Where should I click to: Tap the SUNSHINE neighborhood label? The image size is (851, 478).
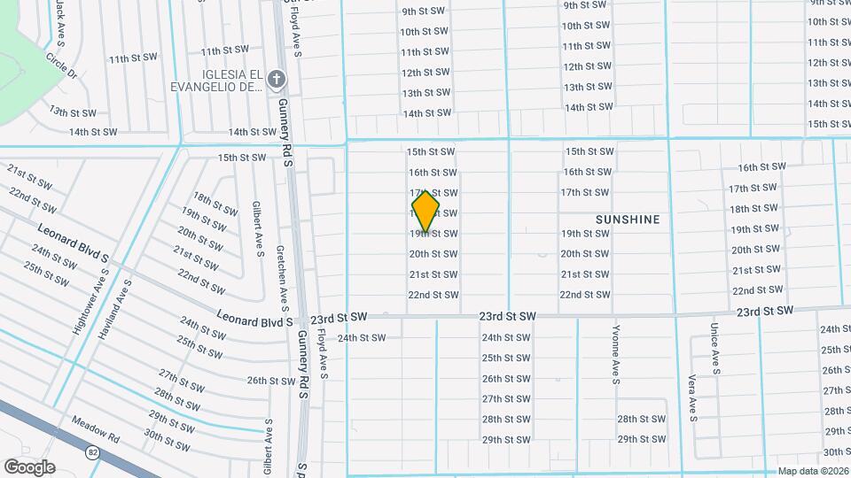(628, 219)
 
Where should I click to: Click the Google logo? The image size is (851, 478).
(29, 466)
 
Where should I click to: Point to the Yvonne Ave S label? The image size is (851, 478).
(615, 354)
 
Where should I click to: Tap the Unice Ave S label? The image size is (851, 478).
(714, 345)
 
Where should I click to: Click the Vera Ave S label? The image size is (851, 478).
(691, 393)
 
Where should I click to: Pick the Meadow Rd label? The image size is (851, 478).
(96, 430)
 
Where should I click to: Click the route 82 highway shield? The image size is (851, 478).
(93, 452)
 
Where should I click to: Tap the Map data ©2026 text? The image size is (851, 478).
(812, 471)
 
